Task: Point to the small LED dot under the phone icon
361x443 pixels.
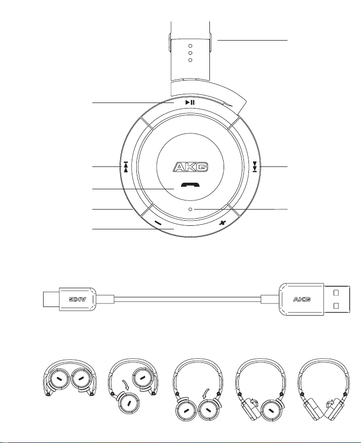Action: pos(190,209)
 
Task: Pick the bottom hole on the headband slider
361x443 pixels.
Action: pos(190,60)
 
